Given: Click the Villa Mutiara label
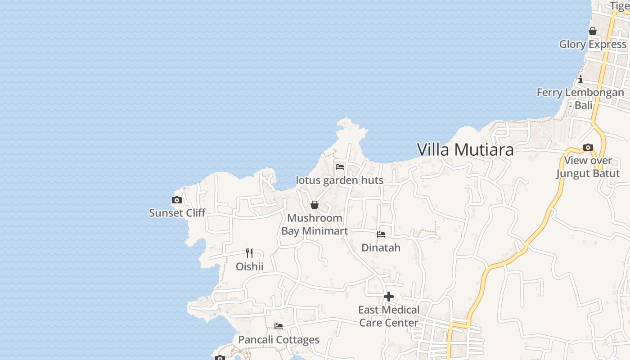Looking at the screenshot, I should [465, 150].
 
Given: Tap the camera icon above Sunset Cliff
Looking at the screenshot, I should [177, 200].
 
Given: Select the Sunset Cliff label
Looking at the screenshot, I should [177, 213].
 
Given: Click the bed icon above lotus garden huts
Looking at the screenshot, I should [340, 167].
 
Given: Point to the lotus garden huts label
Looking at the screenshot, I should [340, 180].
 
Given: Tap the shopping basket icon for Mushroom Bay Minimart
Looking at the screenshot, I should [315, 205].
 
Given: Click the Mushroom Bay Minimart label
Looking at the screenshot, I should [315, 225].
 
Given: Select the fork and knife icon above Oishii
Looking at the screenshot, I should [249, 253].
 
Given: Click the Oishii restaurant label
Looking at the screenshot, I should [250, 267].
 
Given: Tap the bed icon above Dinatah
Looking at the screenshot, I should [381, 234].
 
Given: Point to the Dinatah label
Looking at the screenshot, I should [381, 248].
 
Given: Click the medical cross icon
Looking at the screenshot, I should [389, 297].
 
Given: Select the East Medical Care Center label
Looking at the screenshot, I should [389, 316].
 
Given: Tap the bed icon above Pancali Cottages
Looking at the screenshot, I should [279, 326].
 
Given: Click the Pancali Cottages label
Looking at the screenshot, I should [279, 340].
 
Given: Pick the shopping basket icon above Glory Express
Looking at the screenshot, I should [593, 31].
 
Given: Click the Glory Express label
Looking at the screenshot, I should [593, 45].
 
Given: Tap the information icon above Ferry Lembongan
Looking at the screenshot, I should [580, 80].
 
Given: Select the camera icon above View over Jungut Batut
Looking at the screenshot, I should [588, 148].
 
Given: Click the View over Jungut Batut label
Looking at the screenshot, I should [588, 167].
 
